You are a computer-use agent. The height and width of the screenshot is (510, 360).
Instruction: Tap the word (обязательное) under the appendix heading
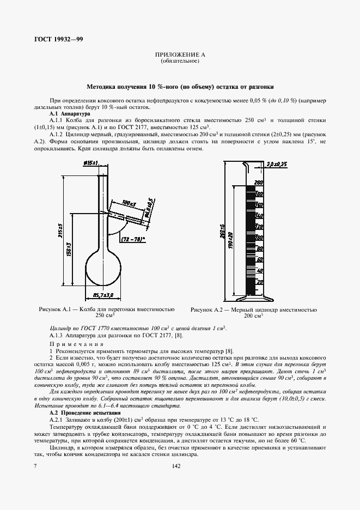click(179, 62)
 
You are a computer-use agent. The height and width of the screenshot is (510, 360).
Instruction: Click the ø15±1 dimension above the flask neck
click(90, 163)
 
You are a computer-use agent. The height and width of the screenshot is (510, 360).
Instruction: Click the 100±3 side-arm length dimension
click(129, 203)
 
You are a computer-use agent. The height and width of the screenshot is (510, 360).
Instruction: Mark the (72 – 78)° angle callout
click(133, 239)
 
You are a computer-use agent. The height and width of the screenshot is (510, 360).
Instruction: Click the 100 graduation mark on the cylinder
click(259, 238)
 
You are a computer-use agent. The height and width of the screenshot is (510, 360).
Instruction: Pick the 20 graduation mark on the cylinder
click(259, 282)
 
